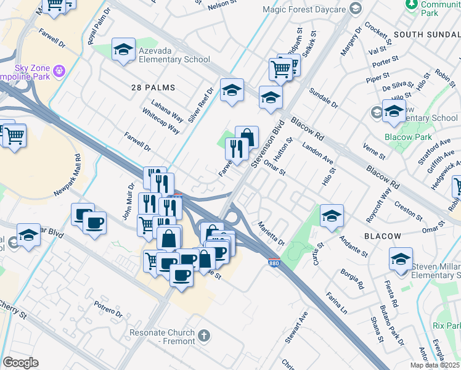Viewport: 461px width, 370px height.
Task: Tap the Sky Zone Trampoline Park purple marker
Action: tap(59, 72)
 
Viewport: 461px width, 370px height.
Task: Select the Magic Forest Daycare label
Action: tap(303, 9)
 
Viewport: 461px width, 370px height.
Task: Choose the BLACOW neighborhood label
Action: tap(382, 236)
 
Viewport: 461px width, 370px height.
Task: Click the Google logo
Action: tap(20, 363)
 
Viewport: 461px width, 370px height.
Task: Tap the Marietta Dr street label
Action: tap(271, 233)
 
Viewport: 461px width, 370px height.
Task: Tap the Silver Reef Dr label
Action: tap(201, 104)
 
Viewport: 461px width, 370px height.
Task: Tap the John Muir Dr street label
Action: tap(127, 202)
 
